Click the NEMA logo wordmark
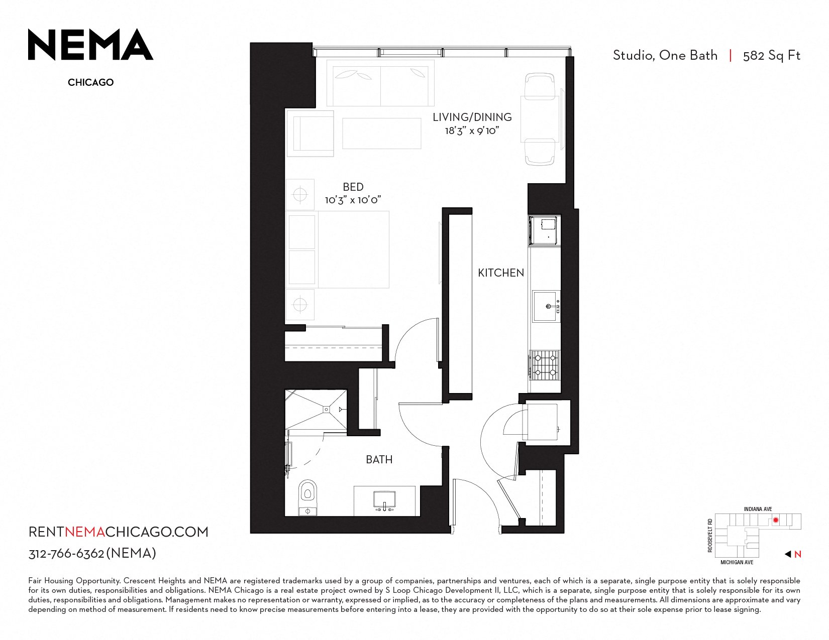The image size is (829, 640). point(90,45)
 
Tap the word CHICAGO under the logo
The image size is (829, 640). point(91,82)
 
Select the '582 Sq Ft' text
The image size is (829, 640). point(771,56)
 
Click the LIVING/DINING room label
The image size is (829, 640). point(472,117)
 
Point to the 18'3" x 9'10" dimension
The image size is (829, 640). point(472,131)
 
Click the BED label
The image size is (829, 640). point(353,187)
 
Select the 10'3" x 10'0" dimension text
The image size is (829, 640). point(353,200)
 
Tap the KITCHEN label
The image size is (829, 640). point(501,273)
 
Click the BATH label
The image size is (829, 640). point(379,460)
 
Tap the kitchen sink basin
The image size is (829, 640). point(545,307)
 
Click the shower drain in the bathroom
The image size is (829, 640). point(326,410)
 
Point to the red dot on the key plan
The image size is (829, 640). point(776,520)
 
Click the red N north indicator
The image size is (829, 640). point(798,554)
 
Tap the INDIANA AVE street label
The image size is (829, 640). point(758,509)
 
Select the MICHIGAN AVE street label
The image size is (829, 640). point(737,562)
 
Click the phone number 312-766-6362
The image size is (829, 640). point(66,554)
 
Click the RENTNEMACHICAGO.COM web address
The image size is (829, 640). point(119,532)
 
